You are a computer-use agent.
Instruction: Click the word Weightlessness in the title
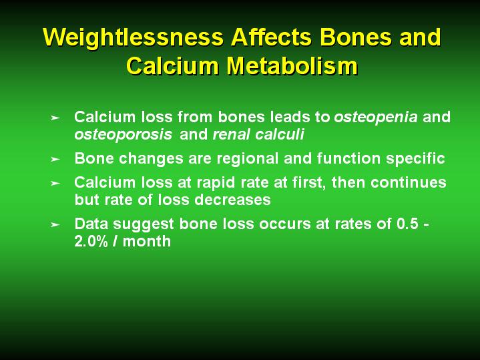pos(133,37)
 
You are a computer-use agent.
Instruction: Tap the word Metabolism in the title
pos(292,66)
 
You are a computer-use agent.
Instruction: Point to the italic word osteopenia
pos(376,118)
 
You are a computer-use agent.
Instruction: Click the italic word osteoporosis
pos(123,135)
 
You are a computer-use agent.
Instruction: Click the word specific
pos(415,159)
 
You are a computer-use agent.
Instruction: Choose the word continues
pos(409,182)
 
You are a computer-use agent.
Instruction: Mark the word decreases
pos(232,200)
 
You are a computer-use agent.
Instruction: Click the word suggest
pos(144,224)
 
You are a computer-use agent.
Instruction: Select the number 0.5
pos(407,224)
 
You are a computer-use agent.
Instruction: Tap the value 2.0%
pos(91,241)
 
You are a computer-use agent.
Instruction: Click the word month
pos(147,241)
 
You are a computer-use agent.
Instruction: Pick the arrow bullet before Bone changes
pos(55,159)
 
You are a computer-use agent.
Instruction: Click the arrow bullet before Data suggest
pos(55,224)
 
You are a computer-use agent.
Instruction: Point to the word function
pos(348,158)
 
